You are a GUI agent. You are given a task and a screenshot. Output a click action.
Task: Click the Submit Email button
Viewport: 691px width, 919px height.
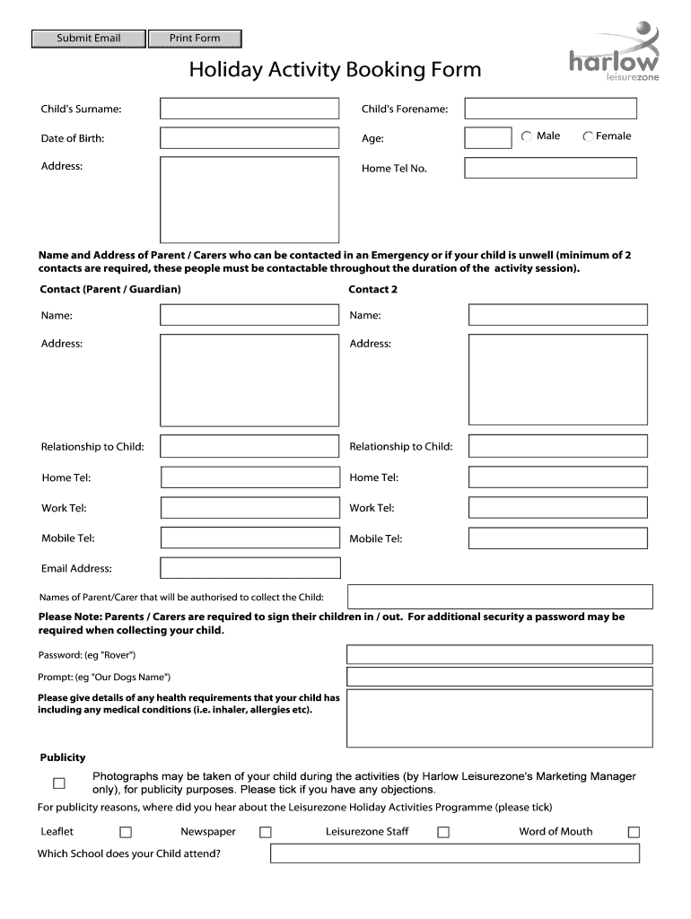click(x=88, y=38)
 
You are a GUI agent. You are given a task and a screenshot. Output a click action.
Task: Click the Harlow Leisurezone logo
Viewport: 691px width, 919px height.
click(x=613, y=55)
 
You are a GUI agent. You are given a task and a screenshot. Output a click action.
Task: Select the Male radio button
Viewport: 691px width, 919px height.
click(x=526, y=136)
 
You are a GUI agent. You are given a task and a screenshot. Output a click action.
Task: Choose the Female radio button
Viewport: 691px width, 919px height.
click(x=588, y=136)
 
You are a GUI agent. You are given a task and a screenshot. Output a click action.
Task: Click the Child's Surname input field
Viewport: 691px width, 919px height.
click(x=249, y=109)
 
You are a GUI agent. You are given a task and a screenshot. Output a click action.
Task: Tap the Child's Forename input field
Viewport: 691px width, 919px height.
click(x=550, y=109)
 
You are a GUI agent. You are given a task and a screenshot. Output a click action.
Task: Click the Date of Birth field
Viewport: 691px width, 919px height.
click(x=249, y=138)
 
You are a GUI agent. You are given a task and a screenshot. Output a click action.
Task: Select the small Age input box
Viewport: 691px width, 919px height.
click(x=488, y=137)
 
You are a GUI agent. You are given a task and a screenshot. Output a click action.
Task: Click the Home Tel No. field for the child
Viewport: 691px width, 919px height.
click(x=550, y=168)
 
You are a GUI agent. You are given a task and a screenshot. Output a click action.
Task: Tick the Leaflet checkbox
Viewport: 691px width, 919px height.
click(x=126, y=832)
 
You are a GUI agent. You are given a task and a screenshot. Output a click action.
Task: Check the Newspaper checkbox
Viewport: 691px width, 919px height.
click(x=265, y=832)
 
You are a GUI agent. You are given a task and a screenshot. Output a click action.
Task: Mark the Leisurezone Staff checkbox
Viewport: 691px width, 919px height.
click(x=443, y=832)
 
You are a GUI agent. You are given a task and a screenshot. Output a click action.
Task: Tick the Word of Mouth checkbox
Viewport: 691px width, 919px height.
click(x=634, y=832)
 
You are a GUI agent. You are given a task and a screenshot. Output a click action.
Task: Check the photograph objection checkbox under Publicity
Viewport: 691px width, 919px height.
click(x=59, y=783)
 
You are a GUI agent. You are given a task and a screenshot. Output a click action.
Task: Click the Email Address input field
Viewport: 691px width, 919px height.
click(x=249, y=568)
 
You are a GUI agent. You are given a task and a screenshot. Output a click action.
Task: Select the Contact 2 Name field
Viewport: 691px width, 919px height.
click(x=557, y=314)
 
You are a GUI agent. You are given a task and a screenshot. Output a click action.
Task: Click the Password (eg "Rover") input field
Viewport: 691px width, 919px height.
click(x=499, y=654)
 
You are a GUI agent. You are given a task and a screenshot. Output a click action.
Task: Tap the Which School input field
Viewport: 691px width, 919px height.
click(x=456, y=853)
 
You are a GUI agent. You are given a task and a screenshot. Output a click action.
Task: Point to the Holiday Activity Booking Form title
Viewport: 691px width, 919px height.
click(x=335, y=70)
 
